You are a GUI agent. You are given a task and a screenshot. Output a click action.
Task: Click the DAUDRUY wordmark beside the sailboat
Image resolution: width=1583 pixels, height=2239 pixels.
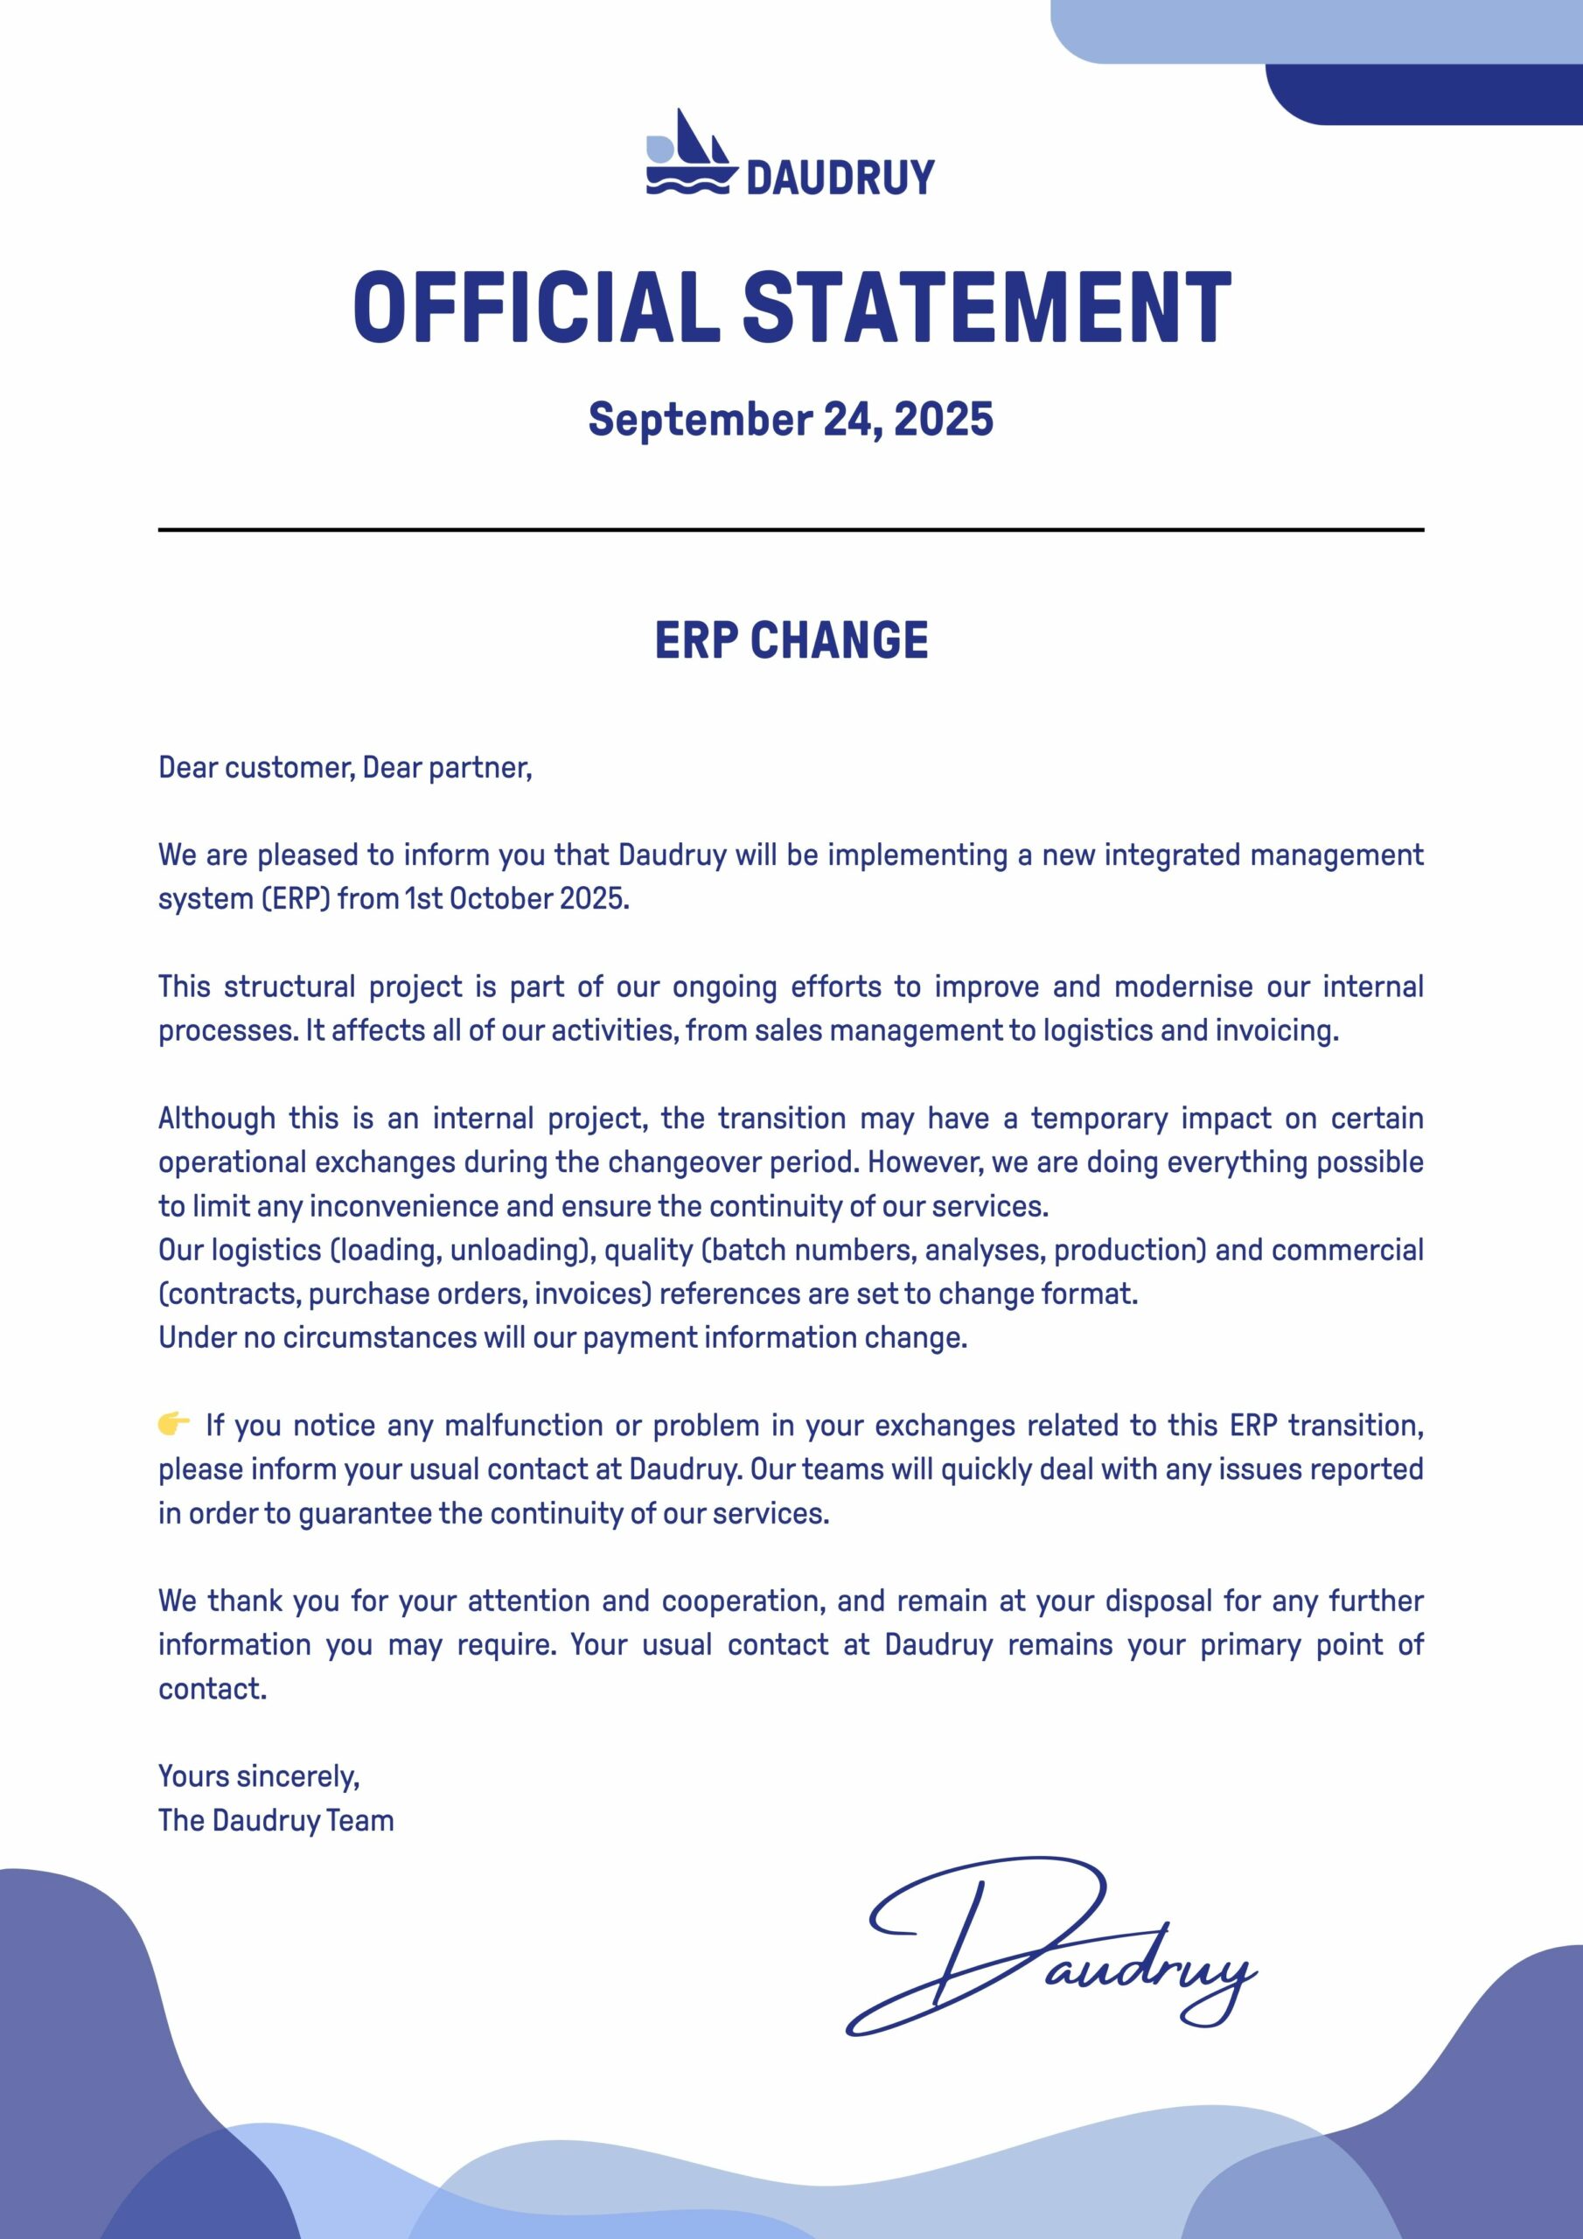840,178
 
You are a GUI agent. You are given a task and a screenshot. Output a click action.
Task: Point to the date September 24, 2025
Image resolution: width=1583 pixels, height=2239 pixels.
791,419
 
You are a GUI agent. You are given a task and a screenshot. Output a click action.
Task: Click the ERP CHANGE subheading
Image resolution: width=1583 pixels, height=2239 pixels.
791,641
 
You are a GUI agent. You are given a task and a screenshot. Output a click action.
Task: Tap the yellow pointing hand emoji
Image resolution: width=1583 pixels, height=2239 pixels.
174,1425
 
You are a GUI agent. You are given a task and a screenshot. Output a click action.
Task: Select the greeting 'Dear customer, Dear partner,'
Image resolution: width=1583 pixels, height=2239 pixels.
345,767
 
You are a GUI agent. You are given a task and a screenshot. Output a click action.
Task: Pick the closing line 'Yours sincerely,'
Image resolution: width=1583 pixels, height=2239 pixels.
260,1775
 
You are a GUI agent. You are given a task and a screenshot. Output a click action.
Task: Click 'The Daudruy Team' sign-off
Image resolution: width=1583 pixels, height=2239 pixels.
276,1820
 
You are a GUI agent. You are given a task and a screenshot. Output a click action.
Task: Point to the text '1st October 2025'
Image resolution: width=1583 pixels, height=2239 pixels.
516,898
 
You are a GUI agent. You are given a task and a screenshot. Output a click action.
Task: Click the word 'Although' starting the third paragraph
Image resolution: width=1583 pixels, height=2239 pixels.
217,1118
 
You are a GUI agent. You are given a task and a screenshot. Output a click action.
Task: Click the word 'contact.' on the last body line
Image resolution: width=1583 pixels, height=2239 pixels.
213,1688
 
